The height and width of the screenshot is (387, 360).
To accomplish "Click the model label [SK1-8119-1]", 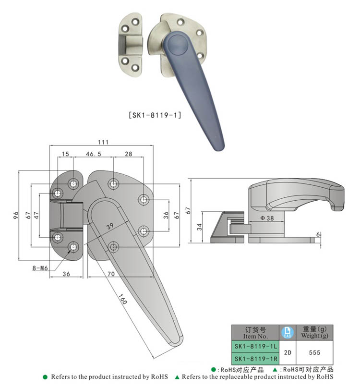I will click(155, 115).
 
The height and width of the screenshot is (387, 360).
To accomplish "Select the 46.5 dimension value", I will click(93, 154).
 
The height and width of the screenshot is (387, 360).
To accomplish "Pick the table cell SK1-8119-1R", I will click(255, 358).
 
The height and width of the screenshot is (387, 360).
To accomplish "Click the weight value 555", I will click(314, 352).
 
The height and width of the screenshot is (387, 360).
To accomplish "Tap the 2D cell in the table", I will click(287, 352).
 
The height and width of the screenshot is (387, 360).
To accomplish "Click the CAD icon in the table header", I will click(287, 332).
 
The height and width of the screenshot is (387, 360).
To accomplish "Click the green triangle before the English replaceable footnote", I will click(177, 377).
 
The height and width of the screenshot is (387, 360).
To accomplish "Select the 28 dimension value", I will click(128, 154).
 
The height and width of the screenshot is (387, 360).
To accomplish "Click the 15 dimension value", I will click(65, 154).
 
